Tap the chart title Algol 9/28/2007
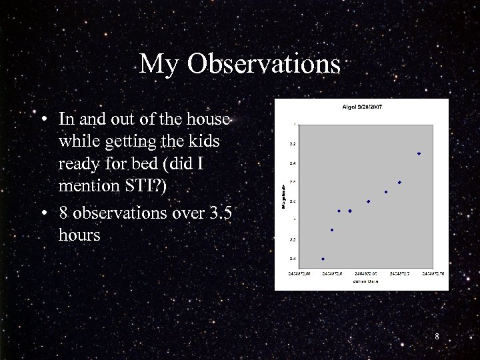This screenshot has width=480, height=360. pos(362,107)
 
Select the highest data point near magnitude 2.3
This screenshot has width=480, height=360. pos(419,154)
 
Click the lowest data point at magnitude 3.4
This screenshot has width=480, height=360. pos(323,259)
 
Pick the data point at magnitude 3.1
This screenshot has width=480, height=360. pos(332,230)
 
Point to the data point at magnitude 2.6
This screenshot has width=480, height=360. pos(399,183)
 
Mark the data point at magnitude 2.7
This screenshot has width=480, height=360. pos(386,192)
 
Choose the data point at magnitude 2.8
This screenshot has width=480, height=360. pos(368,201)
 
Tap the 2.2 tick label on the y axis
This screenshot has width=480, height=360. pos(293,144)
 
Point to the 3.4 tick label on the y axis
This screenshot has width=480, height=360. pos(293,259)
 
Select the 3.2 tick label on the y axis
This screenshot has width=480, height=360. pos(293,239)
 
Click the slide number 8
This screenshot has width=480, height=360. pos(437,337)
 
